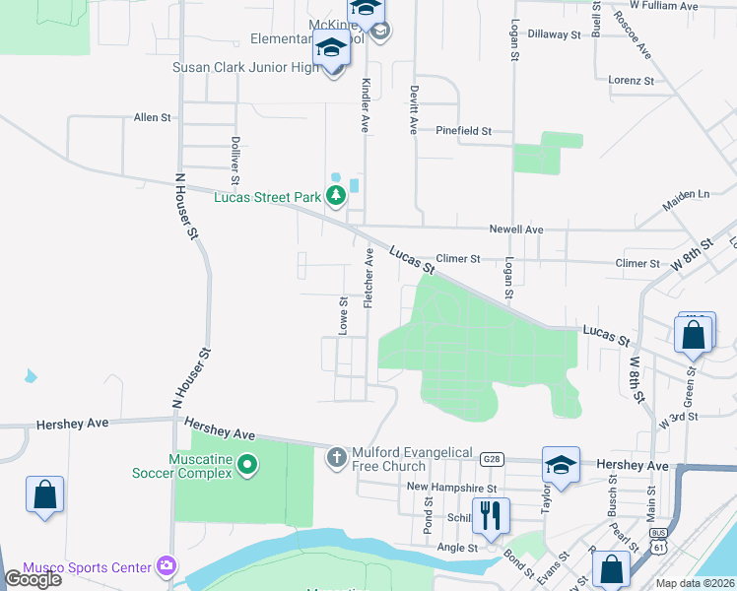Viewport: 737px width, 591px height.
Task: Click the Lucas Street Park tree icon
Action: point(337,196)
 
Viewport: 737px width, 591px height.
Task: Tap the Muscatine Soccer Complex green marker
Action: point(248,463)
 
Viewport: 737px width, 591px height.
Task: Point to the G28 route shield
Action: point(492,458)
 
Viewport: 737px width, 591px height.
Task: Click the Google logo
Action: point(33,579)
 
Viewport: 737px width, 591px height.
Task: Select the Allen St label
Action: point(153,117)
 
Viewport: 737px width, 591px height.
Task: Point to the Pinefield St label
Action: point(463,130)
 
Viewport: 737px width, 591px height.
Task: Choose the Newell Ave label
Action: point(517,230)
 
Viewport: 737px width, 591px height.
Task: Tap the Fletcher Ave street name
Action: point(369,278)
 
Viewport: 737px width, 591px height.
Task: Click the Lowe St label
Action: point(344,316)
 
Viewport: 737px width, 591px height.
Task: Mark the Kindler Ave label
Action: point(365,105)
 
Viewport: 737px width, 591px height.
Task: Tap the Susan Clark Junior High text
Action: point(247,68)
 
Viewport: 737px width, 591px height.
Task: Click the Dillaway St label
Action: point(554,33)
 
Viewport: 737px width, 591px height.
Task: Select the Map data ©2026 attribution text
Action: point(696,583)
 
